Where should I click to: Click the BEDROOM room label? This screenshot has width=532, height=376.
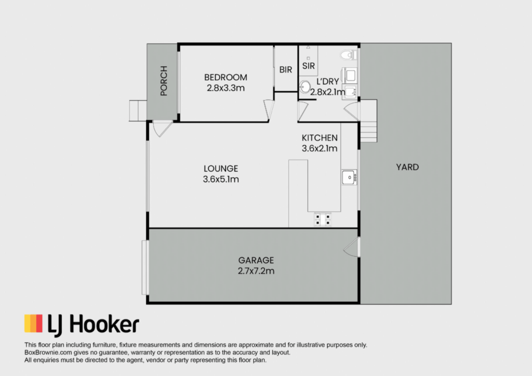225,77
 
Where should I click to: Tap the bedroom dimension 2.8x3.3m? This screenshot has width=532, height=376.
225,88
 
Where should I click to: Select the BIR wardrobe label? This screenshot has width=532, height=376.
286,70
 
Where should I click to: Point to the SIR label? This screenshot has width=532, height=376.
309,66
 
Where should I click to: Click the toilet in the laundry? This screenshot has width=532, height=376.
349,54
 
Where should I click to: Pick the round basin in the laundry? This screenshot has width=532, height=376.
304,87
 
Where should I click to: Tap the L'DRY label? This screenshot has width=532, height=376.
328,81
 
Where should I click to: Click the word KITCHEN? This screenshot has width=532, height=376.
320,138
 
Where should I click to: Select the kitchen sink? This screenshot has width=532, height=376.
349,177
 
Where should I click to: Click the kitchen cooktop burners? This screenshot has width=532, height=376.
323,219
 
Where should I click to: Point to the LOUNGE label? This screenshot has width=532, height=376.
221,169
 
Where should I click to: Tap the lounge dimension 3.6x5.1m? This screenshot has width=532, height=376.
221,179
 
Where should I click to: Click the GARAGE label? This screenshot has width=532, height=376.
256,260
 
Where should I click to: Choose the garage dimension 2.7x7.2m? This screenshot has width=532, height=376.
256,271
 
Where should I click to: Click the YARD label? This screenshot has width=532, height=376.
407,167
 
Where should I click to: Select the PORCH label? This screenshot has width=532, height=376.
164,80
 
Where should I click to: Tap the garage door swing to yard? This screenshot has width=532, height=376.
352,247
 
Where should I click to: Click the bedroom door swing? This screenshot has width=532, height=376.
269,110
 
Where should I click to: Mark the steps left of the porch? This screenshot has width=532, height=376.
138,110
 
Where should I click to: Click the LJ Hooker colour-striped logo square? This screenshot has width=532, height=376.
33,324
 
